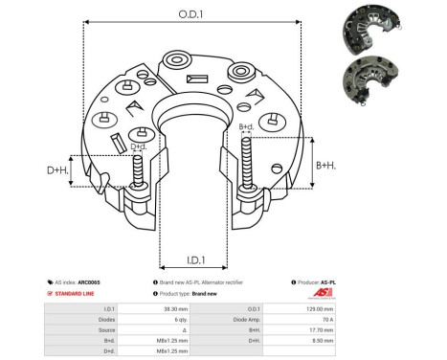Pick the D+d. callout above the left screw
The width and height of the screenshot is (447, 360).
[x=139, y=146]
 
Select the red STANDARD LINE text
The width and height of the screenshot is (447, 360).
[x=77, y=294]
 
